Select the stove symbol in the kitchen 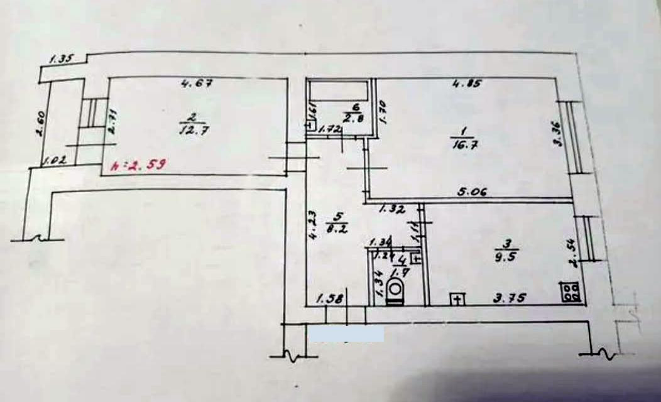(x=571, y=291)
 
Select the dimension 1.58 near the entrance (x=329, y=299)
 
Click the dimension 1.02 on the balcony (x=55, y=161)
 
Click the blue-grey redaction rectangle (x=346, y=333)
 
